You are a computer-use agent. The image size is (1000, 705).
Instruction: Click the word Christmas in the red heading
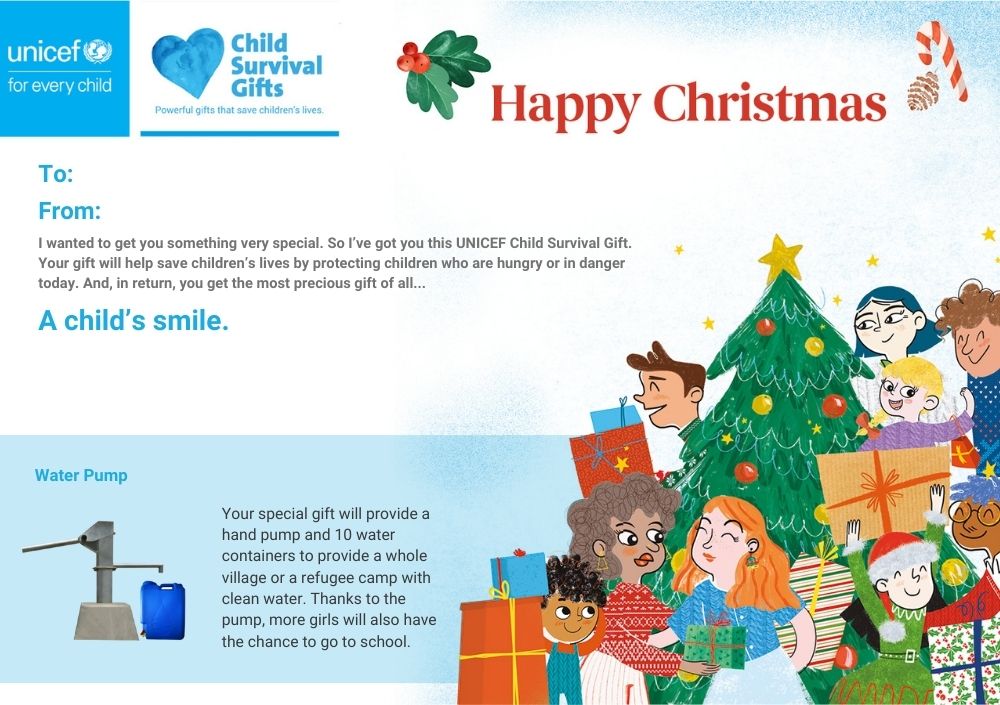(x=770, y=103)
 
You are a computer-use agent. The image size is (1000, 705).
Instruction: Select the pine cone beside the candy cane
(x=923, y=91)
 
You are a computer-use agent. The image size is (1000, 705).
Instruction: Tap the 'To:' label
(x=55, y=174)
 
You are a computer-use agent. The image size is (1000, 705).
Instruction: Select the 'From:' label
(x=70, y=211)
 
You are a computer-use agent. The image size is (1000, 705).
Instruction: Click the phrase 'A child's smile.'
(x=133, y=320)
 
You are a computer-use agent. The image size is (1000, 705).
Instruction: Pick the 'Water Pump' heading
(x=81, y=475)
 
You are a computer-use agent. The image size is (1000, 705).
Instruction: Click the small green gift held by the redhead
(x=714, y=644)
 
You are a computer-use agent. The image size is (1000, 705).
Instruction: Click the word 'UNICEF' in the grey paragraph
(x=481, y=242)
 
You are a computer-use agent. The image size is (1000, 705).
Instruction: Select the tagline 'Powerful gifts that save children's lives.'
(x=239, y=110)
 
